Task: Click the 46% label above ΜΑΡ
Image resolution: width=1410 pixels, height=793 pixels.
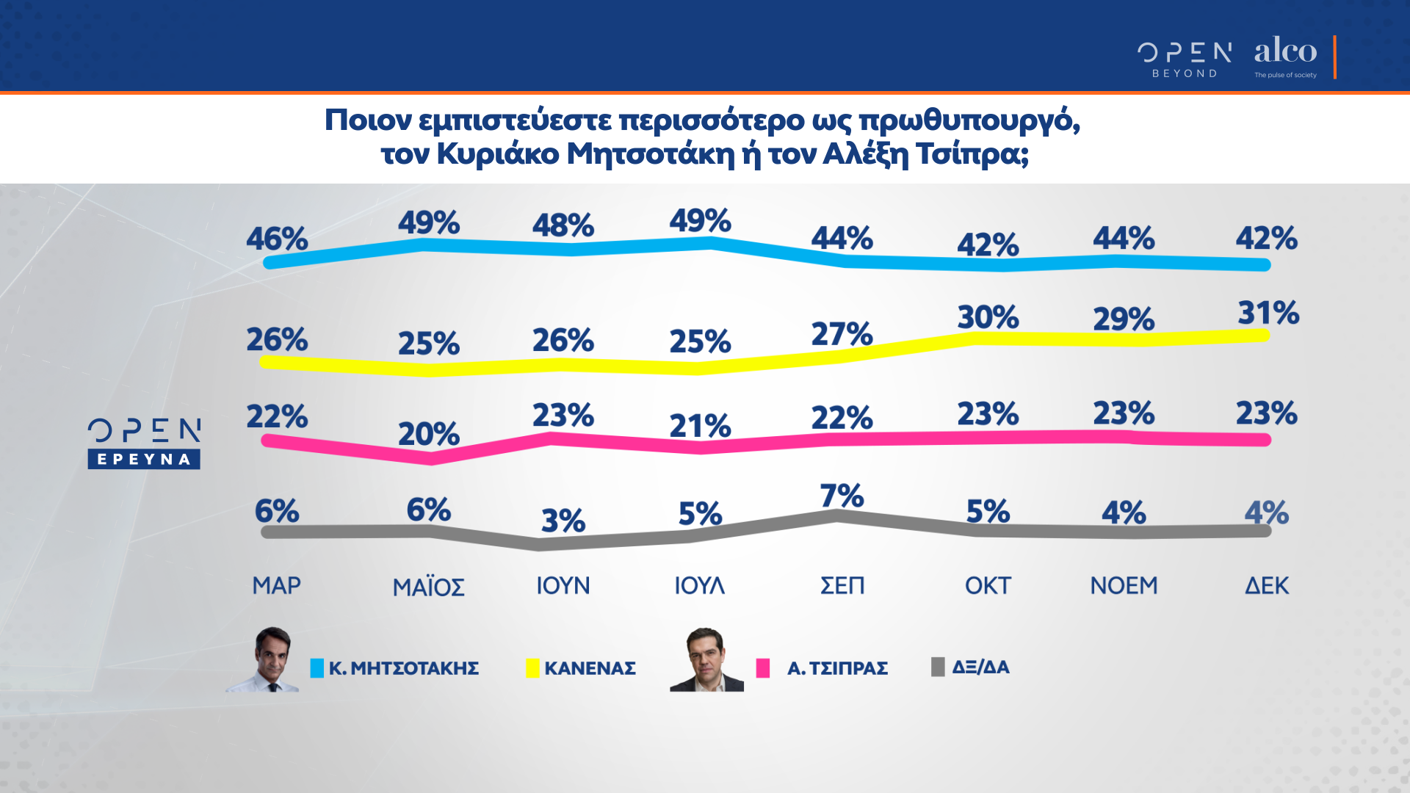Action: pyautogui.click(x=277, y=239)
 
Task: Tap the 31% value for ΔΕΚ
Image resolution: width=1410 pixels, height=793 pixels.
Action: pyautogui.click(x=1268, y=314)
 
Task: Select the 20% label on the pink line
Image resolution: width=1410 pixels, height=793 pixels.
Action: pyautogui.click(x=429, y=434)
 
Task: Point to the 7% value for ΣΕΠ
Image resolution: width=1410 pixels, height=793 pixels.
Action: pyautogui.click(x=842, y=496)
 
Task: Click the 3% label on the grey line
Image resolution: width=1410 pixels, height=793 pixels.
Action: pyautogui.click(x=563, y=521)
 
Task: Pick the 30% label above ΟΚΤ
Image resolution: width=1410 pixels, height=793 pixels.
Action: pyautogui.click(x=988, y=317)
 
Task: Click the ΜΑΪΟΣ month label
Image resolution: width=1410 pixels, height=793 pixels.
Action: pyautogui.click(x=429, y=587)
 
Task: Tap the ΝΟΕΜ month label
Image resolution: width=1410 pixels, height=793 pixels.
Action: pyautogui.click(x=1124, y=586)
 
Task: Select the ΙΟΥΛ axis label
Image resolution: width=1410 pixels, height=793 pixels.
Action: pyautogui.click(x=699, y=586)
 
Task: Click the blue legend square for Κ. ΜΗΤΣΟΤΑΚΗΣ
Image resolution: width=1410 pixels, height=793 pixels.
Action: pyautogui.click(x=317, y=668)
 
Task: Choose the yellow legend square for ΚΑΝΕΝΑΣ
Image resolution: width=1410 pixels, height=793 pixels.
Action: pyautogui.click(x=532, y=668)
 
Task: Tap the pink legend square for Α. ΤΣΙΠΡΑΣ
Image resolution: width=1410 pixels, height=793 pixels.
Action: pyautogui.click(x=763, y=668)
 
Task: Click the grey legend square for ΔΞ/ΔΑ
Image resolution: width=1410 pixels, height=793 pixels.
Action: pyautogui.click(x=938, y=667)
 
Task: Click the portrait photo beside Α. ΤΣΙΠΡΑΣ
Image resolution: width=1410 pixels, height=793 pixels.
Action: pyautogui.click(x=706, y=659)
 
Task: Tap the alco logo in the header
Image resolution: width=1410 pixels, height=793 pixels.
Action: pyautogui.click(x=1285, y=56)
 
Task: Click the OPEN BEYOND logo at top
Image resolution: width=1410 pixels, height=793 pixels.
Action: pyautogui.click(x=1185, y=59)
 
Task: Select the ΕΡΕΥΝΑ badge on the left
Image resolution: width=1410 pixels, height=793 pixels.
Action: pyautogui.click(x=144, y=460)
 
